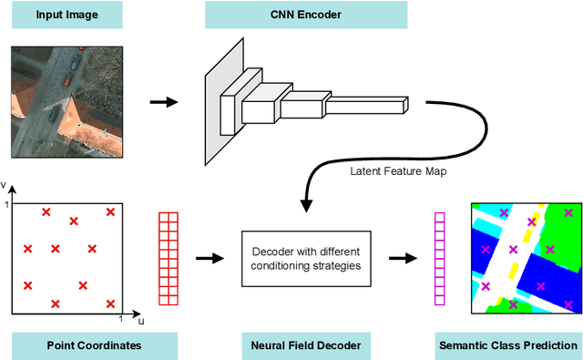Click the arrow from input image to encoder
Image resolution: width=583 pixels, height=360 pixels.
point(165,102)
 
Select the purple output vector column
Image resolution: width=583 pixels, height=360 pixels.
point(438,258)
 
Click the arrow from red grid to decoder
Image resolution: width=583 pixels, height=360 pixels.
point(210,258)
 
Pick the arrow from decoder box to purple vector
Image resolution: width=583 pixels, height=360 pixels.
point(396,258)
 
